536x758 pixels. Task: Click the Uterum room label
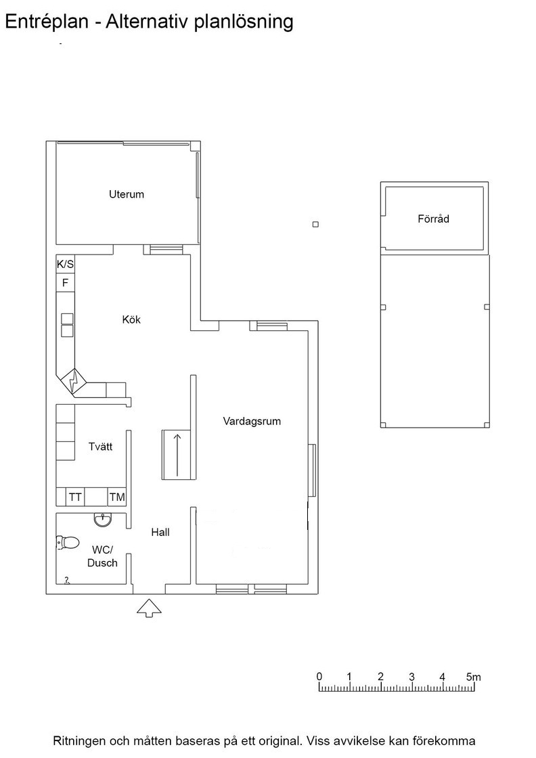126,194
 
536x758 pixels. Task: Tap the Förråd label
434,219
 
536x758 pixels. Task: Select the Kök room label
131,319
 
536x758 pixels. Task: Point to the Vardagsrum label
252,421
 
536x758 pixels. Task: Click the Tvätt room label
101,446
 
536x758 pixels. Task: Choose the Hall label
160,532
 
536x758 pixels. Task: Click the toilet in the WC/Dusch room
68,542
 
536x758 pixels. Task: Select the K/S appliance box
65,265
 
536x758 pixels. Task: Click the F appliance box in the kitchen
65,283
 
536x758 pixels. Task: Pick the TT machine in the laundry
75,497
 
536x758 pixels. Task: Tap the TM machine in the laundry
117,497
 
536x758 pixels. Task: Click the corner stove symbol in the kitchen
72,382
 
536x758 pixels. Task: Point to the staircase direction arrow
177,454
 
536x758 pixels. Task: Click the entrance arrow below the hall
149,608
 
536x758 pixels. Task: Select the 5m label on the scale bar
473,677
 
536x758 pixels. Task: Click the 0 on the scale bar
319,677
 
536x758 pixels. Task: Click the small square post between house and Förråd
315,224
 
